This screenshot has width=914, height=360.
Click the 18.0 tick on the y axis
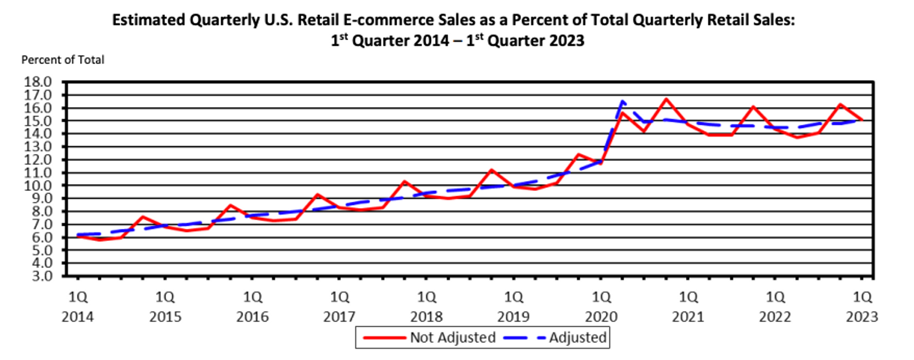click(38, 82)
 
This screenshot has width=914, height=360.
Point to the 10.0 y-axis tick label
click(38, 186)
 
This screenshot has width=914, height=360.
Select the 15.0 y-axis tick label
click(38, 121)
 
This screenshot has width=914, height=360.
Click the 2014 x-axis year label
click(78, 317)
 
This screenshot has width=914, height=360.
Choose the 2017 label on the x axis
click(339, 317)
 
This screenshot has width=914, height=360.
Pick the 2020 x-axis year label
click(601, 317)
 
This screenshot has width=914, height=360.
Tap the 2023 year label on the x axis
click(862, 317)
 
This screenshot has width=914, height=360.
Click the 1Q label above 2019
click(514, 297)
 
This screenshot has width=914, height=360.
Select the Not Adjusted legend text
click(452, 338)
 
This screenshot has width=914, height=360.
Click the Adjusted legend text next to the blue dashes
click(578, 338)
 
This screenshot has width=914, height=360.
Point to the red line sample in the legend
click(384, 338)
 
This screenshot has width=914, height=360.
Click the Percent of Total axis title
click(63, 60)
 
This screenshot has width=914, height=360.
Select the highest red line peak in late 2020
click(666, 99)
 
